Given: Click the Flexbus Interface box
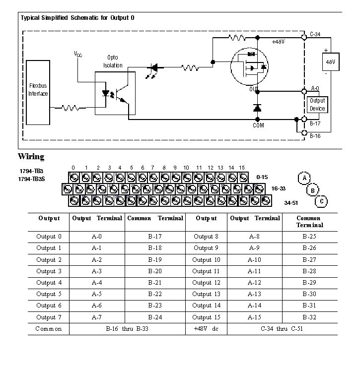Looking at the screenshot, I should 38,92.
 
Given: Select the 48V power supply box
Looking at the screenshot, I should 329,62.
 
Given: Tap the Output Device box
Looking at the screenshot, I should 317,104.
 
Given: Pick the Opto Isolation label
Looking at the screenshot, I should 113,61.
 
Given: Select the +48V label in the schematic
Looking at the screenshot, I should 278,42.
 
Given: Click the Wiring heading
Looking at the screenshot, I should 31,157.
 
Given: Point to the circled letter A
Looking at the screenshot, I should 304,178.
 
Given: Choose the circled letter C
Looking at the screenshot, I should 322,201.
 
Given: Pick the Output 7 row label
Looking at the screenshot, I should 49,317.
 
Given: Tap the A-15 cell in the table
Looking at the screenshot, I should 254,317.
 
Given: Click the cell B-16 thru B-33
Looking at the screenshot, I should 127,329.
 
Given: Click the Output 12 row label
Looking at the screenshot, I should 206,283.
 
